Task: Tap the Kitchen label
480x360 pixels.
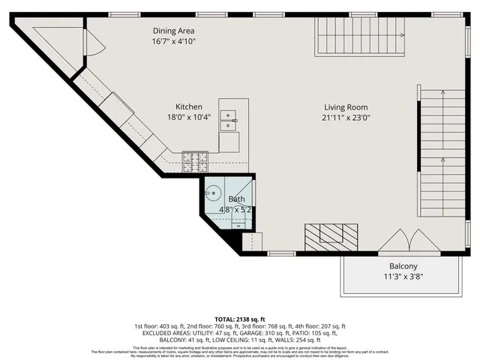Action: tap(189, 106)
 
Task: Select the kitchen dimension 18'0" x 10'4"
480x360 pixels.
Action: tap(189, 117)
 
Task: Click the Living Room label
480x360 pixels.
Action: tap(346, 106)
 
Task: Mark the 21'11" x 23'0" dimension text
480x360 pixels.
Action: tap(346, 117)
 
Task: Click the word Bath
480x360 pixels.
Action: tap(237, 199)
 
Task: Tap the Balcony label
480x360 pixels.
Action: tap(403, 266)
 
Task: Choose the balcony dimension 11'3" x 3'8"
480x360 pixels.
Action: tap(403, 277)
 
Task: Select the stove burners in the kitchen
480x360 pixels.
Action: tap(193, 157)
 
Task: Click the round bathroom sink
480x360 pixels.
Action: tap(213, 193)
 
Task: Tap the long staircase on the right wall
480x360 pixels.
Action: tap(442, 150)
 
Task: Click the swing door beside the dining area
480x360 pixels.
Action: tap(95, 40)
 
